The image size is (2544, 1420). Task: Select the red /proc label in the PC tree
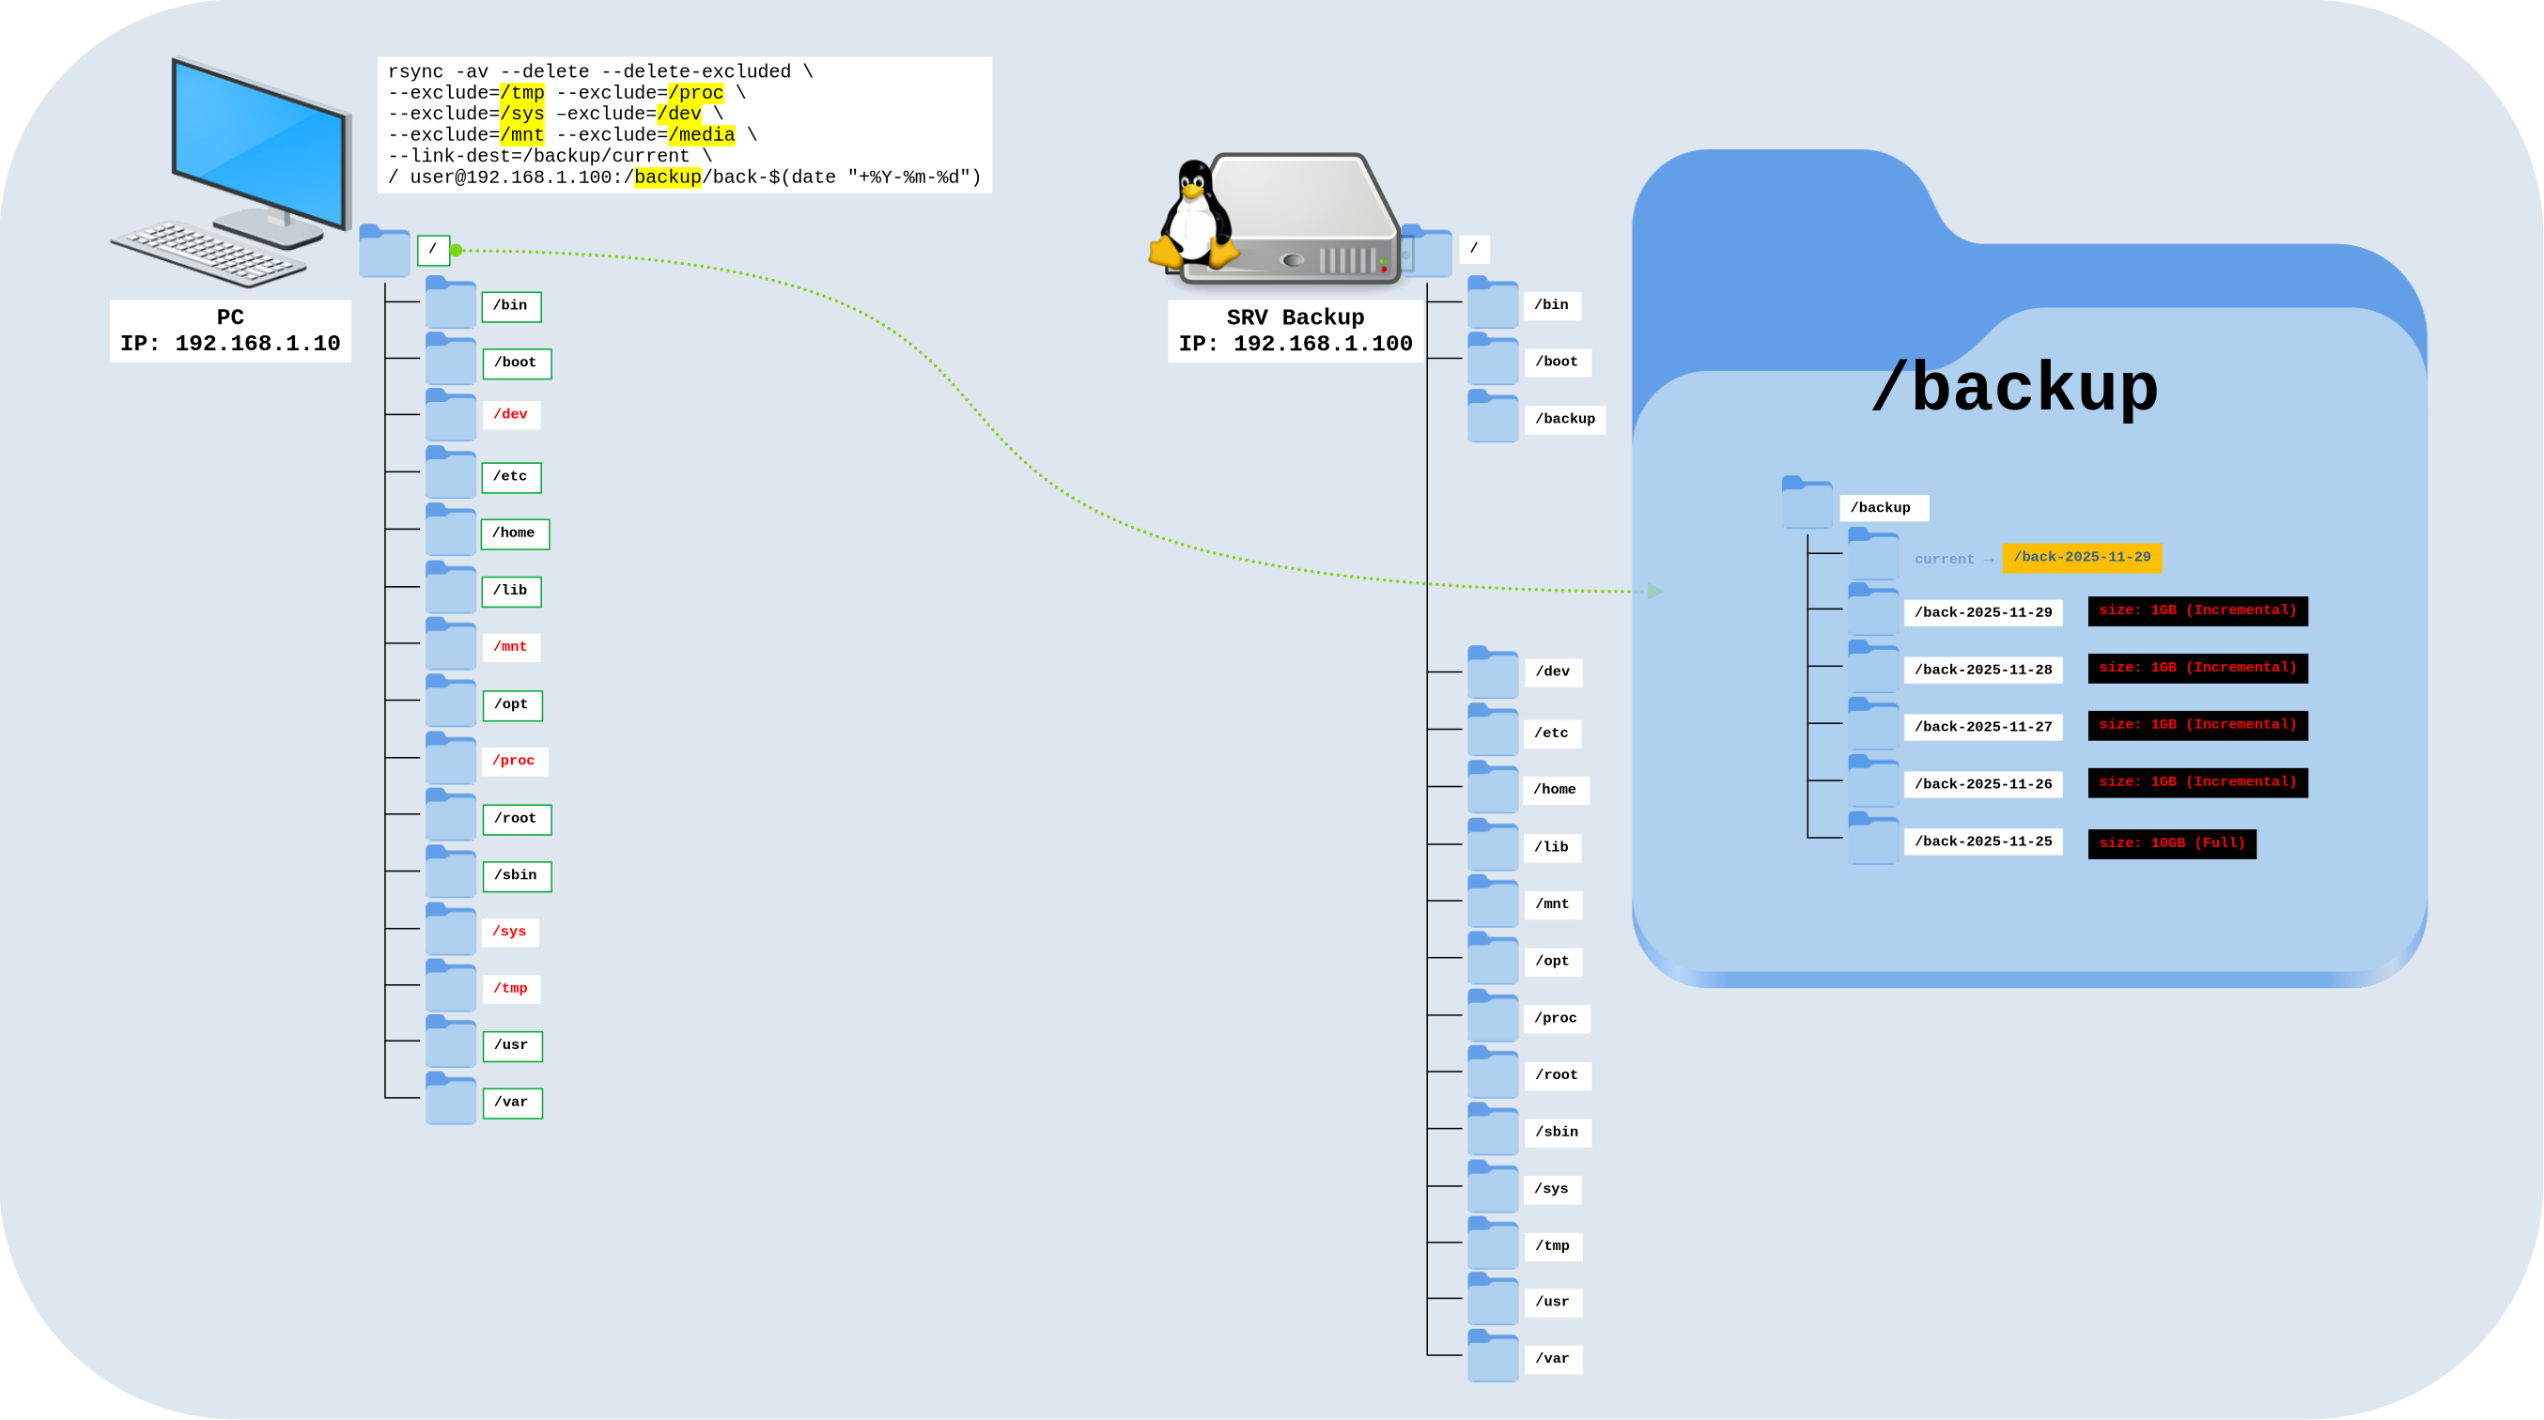pyautogui.click(x=514, y=761)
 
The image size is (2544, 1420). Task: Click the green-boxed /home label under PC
pyautogui.click(x=514, y=533)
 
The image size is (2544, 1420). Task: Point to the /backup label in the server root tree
pyautogui.click(x=1564, y=419)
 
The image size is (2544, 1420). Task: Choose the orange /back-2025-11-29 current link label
pyautogui.click(x=2081, y=557)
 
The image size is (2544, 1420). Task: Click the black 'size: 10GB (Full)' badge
pyautogui.click(x=2171, y=843)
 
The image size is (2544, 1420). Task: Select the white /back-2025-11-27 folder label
pyautogui.click(x=1982, y=727)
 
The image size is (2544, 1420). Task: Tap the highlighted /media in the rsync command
pyautogui.click(x=701, y=134)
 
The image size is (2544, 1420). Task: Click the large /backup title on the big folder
pyautogui.click(x=2015, y=387)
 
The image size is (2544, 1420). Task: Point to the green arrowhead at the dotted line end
pyautogui.click(x=1656, y=592)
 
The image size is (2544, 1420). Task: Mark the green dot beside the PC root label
pyautogui.click(x=457, y=251)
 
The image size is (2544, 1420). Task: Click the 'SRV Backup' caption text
pyautogui.click(x=1295, y=317)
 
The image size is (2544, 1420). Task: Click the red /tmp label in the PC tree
pyautogui.click(x=510, y=989)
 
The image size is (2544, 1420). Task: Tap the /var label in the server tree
pyautogui.click(x=1552, y=1359)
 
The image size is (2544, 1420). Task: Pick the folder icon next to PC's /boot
pyautogui.click(x=450, y=360)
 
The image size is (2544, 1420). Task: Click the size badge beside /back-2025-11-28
pyautogui.click(x=2196, y=668)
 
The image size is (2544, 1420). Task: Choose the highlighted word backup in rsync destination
pyautogui.click(x=668, y=177)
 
